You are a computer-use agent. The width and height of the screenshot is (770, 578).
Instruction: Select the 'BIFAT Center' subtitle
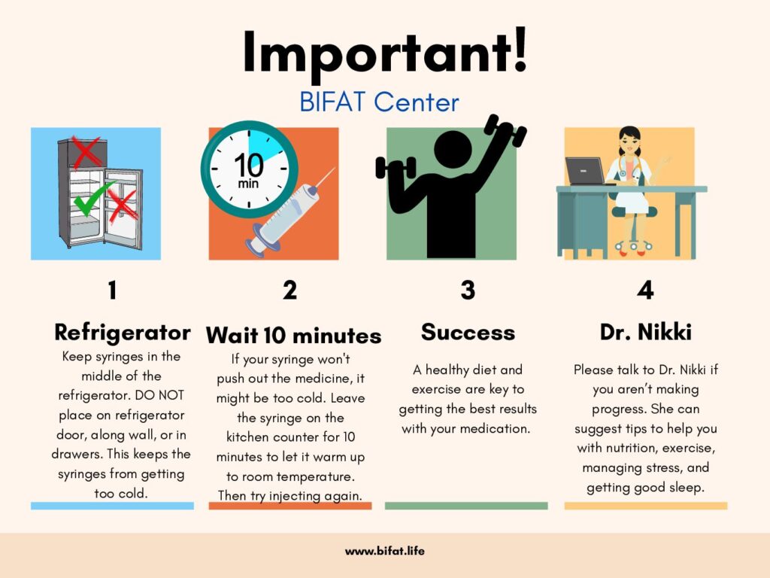(379, 102)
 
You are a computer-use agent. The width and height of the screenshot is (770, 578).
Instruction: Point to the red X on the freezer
(86, 151)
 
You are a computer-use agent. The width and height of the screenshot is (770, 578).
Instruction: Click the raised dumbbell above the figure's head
(505, 130)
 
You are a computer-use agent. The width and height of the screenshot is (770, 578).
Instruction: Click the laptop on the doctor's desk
(586, 171)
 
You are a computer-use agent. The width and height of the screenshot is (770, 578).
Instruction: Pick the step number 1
(113, 290)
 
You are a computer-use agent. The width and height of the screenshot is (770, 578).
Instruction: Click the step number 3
(468, 290)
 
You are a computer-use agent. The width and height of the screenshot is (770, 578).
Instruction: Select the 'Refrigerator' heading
(123, 333)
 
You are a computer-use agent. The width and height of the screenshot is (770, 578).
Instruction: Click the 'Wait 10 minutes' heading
(293, 336)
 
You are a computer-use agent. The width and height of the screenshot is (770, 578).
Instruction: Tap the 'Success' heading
(468, 332)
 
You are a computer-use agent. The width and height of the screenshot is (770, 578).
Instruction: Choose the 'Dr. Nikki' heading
(646, 332)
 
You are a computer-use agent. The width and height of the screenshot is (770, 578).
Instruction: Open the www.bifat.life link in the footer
(385, 551)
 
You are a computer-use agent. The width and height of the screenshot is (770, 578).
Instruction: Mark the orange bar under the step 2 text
(290, 506)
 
